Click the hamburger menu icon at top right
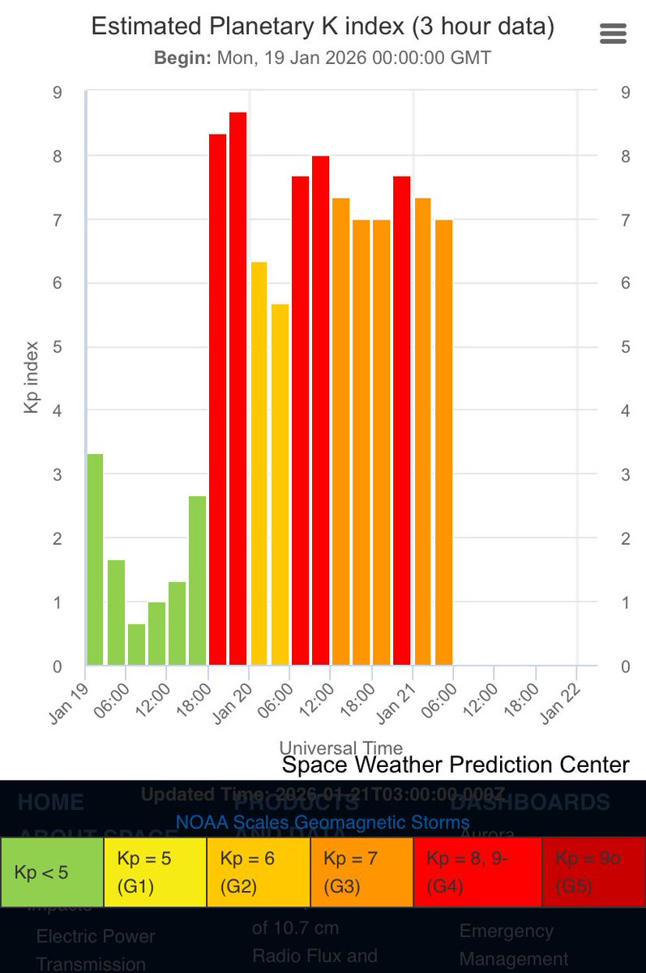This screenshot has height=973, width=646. click(x=613, y=33)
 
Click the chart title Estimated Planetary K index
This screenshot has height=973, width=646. click(x=323, y=26)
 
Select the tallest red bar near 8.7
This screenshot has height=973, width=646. click(x=237, y=389)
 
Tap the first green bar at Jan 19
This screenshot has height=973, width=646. click(x=95, y=559)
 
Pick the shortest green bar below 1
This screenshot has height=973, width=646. click(x=136, y=645)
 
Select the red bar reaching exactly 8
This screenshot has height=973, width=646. click(x=321, y=410)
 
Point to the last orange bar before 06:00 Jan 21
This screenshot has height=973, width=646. click(x=443, y=443)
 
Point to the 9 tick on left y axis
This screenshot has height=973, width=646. click(x=57, y=92)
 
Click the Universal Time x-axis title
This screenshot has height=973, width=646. click(x=340, y=748)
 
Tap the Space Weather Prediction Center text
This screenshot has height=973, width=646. click(x=456, y=765)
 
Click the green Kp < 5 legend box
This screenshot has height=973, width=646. click(x=52, y=872)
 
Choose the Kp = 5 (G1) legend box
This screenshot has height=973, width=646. click(x=155, y=872)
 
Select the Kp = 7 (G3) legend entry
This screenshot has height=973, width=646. click(x=361, y=872)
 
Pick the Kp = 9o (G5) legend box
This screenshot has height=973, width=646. click(x=593, y=872)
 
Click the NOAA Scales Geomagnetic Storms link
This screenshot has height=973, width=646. click(x=323, y=822)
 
